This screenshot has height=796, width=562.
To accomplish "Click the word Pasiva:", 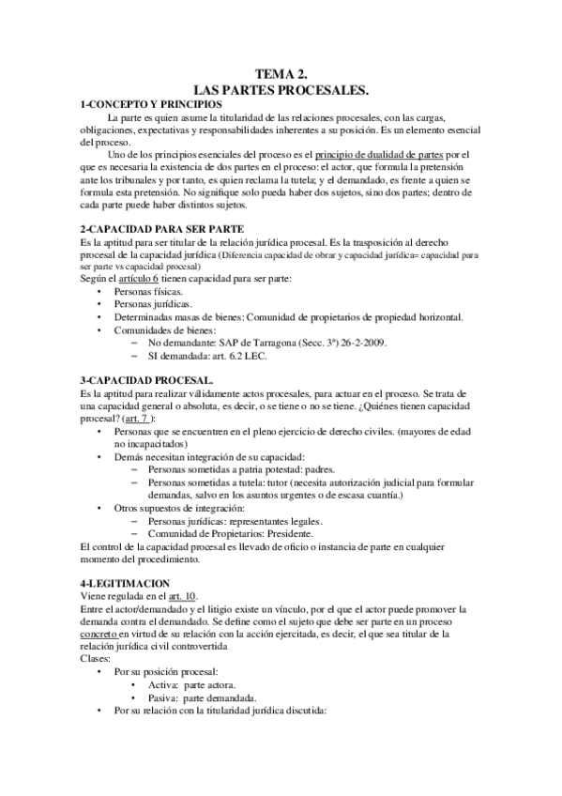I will tap(158, 698).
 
